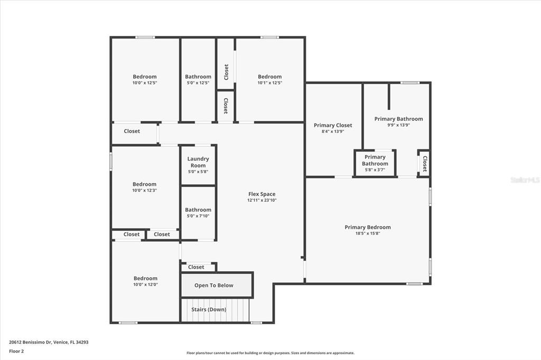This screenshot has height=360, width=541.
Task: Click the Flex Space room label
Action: point(262,194)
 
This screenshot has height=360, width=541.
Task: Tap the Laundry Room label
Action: point(198,162)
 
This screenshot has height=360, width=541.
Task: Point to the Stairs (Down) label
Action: point(209,310)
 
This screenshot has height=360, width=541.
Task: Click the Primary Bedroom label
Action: point(368,227)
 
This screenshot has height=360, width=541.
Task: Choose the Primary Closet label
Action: point(333,126)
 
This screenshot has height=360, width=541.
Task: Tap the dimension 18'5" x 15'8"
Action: point(368,233)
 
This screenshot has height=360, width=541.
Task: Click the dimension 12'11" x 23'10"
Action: point(262,201)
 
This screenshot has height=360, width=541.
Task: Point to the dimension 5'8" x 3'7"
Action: point(375,170)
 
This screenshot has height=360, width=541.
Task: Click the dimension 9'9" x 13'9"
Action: point(398,125)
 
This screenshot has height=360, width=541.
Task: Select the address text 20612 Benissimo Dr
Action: point(30,343)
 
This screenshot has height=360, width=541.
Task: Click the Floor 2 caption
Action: point(16,352)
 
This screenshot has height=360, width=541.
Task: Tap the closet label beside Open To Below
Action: point(196,267)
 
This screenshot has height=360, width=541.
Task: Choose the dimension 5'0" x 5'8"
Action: point(198,172)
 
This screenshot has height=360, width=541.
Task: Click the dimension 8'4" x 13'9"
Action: point(333,131)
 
